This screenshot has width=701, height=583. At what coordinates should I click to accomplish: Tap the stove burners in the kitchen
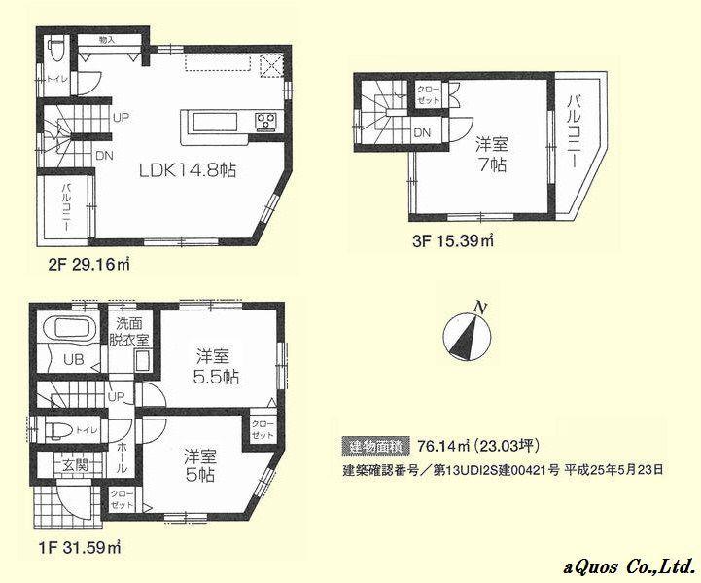266,121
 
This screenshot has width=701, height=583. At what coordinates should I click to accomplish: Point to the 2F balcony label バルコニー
65,205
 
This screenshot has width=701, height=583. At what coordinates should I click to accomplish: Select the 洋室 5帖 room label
200,464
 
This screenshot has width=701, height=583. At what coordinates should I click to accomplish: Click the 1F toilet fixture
53,427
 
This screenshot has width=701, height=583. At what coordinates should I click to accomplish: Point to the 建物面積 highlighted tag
369,447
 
